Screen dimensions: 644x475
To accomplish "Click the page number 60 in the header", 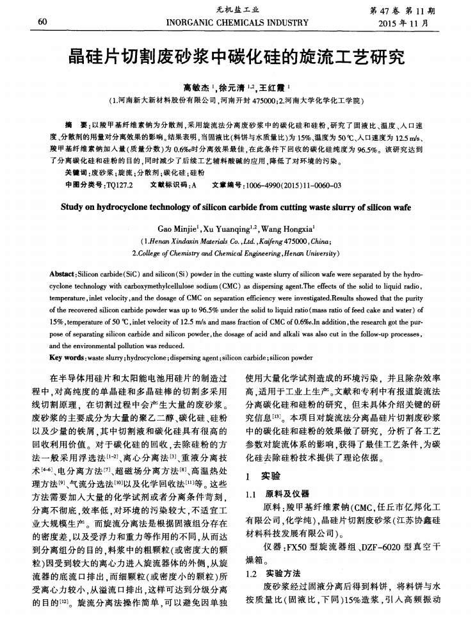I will coord(44,22).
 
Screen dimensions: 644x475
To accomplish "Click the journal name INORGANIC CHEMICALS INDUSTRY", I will coord(237,22).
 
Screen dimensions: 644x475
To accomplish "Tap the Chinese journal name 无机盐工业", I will coord(237,10).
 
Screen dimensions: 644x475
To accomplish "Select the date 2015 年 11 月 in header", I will coord(411,23).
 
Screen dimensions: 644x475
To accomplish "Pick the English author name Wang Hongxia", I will coord(286,228).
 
